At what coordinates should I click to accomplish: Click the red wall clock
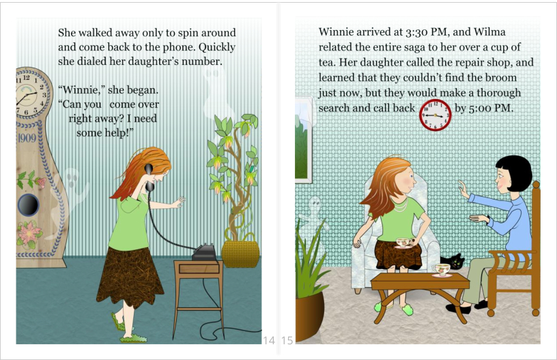(435, 115)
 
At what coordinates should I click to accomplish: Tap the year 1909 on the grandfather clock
(27, 138)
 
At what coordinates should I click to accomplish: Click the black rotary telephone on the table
(204, 253)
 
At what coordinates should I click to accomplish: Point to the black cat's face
(456, 262)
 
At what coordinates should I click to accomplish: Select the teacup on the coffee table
(441, 270)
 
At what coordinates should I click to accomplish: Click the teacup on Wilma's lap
(403, 243)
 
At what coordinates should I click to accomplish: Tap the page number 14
(269, 340)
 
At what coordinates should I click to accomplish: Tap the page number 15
(287, 340)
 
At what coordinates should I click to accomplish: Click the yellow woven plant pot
(240, 253)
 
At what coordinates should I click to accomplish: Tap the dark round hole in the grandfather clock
(28, 204)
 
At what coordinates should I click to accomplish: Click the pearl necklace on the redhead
(401, 206)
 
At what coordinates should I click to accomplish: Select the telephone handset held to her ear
(149, 178)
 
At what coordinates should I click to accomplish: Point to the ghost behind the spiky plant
(313, 213)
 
